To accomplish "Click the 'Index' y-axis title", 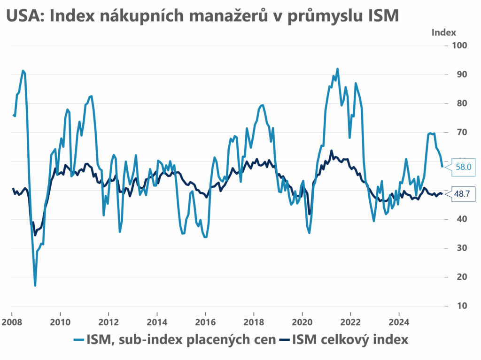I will pyautogui.click(x=443, y=32).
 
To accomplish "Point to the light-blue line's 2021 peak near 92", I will pyautogui.click(x=337, y=69).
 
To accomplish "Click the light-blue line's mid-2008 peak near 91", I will pyautogui.click(x=23, y=71).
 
